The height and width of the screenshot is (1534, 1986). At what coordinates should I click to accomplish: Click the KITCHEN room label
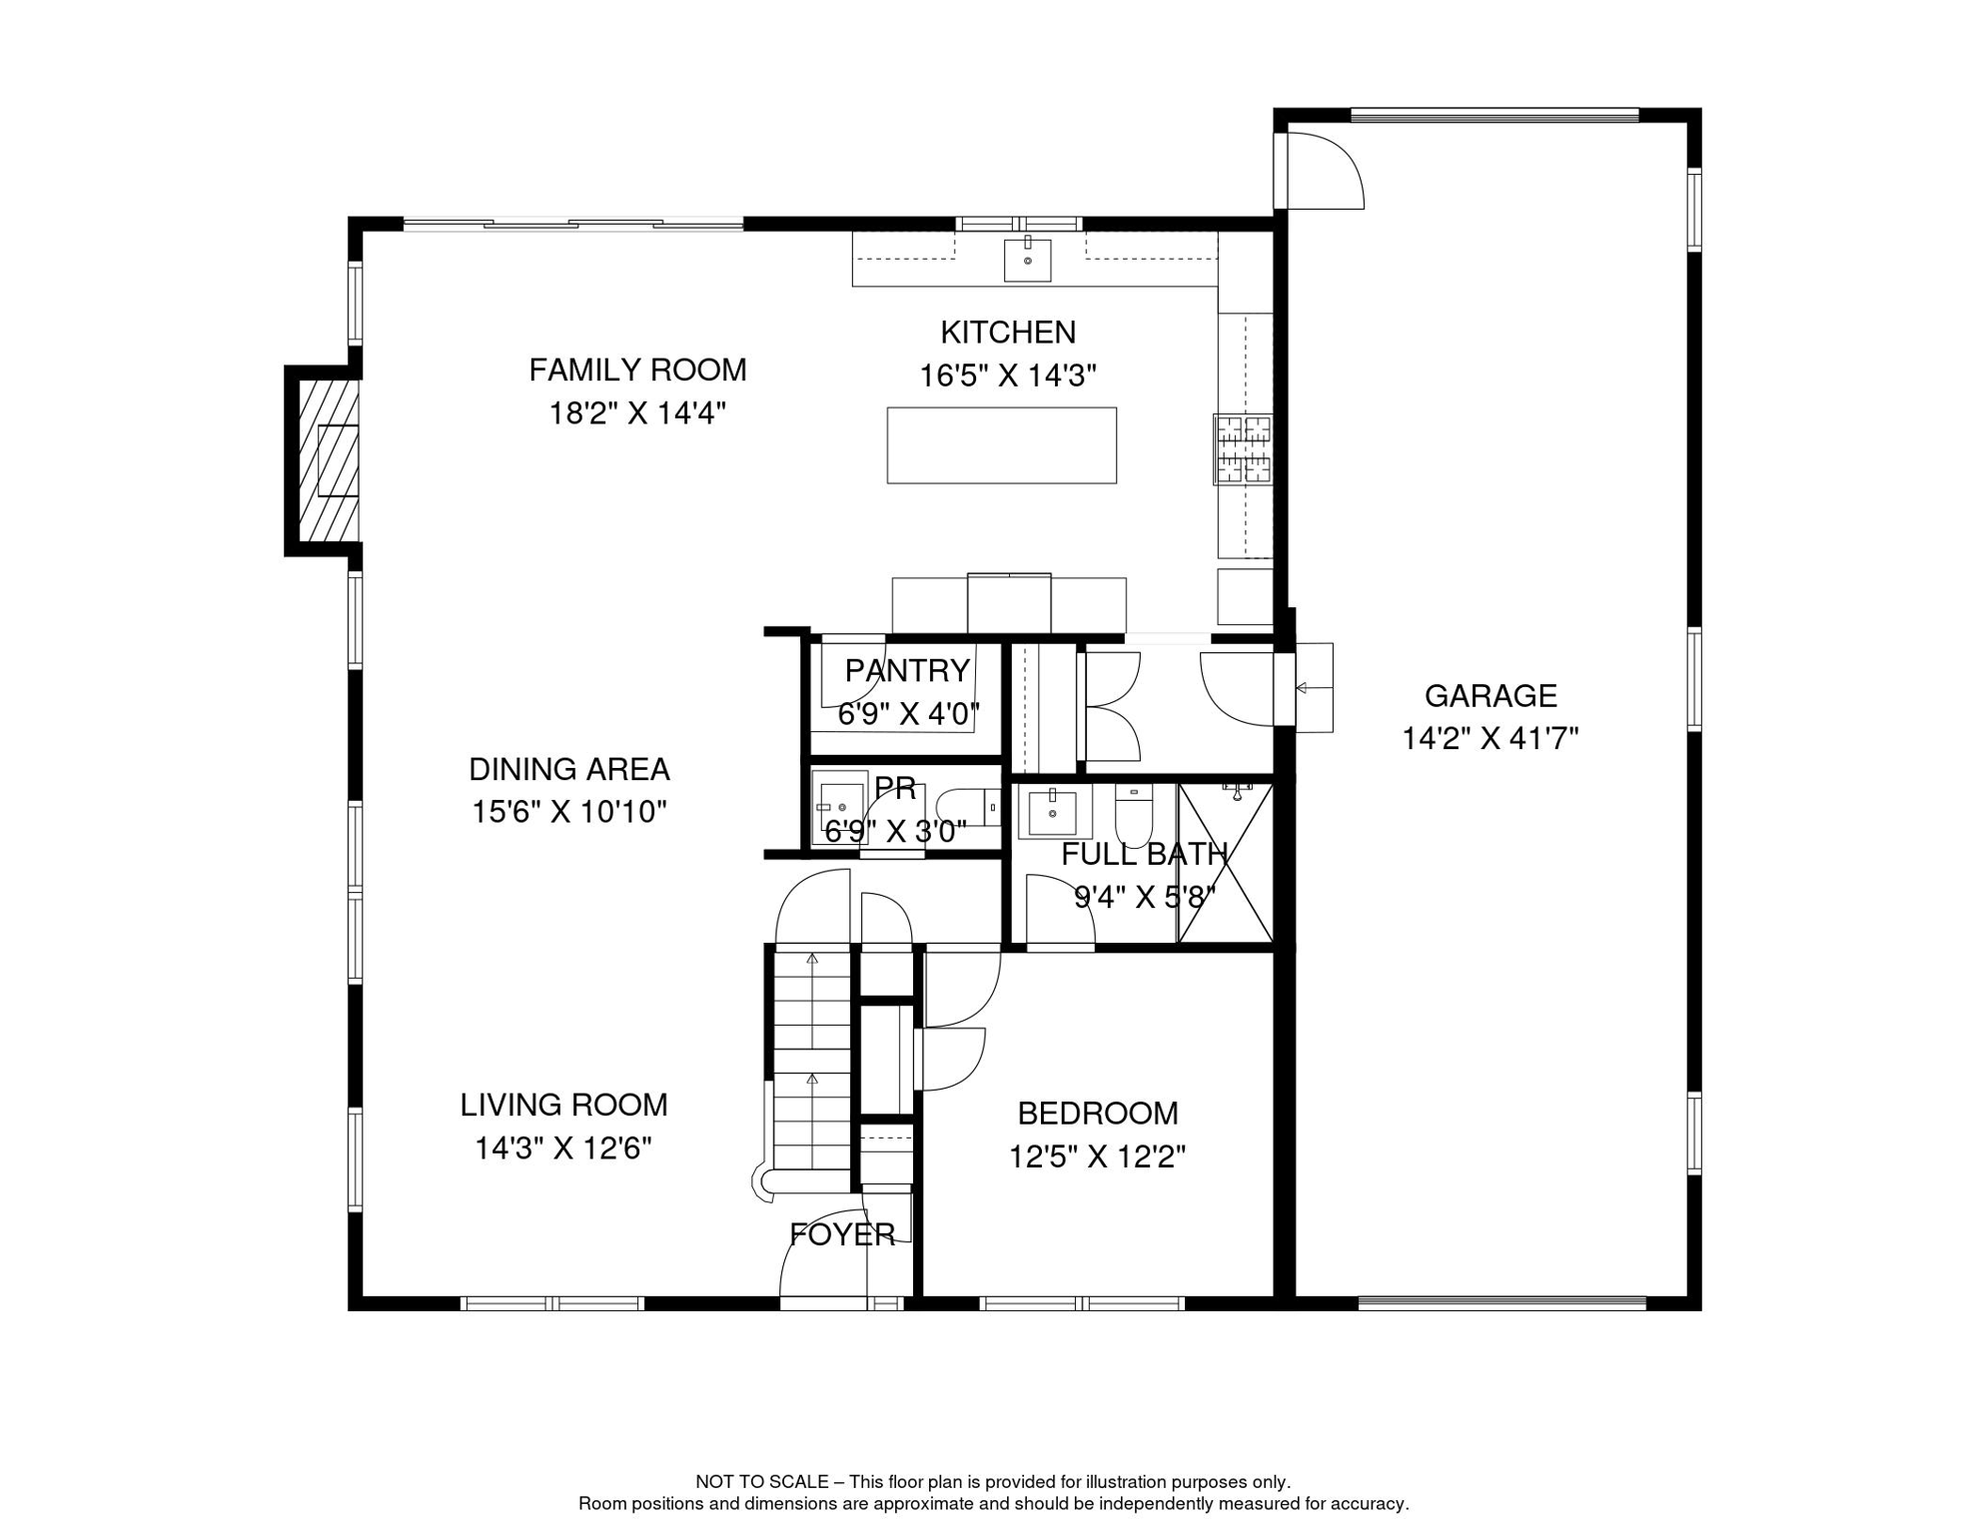click(1008, 333)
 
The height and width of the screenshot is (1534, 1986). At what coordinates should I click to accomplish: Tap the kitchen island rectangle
click(1002, 445)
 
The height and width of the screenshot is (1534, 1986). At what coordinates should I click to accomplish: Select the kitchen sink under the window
click(1027, 260)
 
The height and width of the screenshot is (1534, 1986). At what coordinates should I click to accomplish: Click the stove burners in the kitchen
click(1243, 449)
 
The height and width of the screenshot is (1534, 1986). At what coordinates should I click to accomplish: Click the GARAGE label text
click(1490, 696)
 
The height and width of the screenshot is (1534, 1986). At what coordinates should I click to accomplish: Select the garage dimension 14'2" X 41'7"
click(1490, 739)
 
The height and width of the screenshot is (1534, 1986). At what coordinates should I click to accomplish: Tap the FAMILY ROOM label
click(637, 371)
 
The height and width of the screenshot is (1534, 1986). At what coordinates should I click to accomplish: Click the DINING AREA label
click(569, 770)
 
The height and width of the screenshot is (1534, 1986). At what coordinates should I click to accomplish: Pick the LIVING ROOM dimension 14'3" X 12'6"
click(563, 1149)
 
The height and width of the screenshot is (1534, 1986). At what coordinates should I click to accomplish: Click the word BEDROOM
click(1098, 1114)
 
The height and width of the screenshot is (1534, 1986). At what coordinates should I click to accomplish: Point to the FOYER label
click(842, 1235)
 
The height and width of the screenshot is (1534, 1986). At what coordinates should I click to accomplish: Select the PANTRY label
click(907, 670)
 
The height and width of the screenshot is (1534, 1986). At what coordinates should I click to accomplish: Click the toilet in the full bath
click(1134, 815)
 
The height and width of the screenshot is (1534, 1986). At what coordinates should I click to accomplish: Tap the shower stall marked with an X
click(1226, 863)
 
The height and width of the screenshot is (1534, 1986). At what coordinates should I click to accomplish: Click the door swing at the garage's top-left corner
click(1325, 171)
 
